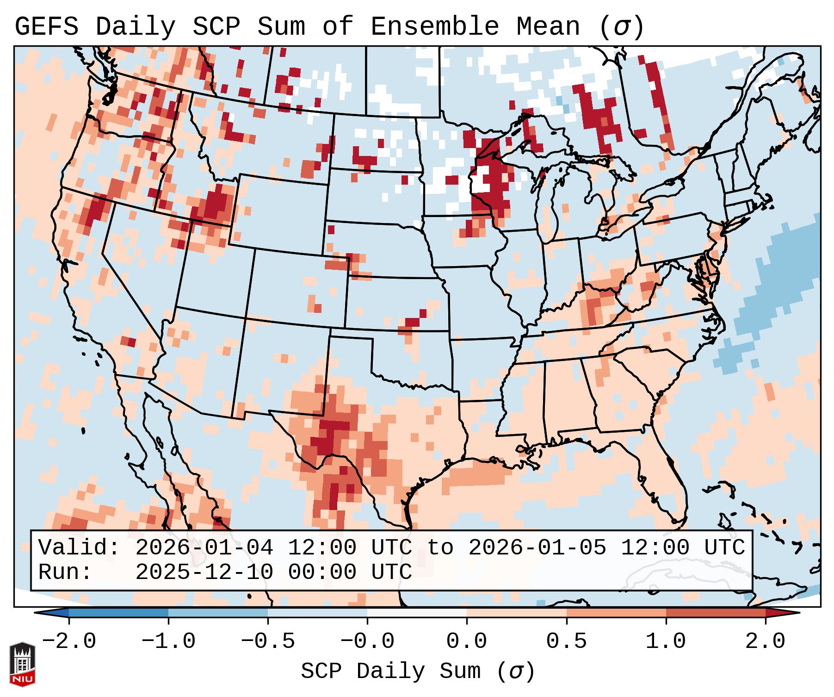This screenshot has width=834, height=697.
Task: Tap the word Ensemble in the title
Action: point(434,27)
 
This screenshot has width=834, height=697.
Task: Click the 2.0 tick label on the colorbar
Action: point(765,641)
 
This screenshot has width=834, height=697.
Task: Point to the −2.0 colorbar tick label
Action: point(69,641)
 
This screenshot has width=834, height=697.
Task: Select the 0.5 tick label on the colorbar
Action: point(566,641)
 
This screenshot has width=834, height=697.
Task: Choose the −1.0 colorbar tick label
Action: point(168,641)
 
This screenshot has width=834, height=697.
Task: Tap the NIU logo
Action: point(22,664)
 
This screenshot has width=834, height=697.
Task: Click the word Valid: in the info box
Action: point(79,548)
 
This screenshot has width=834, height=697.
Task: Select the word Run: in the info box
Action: point(65,572)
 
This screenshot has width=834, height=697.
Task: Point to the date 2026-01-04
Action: point(204,548)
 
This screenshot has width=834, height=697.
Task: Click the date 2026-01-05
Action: point(537,548)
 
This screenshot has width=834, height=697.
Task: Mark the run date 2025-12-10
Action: point(204,572)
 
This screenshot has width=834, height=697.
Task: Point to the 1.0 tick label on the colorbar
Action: point(666,641)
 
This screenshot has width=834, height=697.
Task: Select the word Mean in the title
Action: point(548,27)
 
